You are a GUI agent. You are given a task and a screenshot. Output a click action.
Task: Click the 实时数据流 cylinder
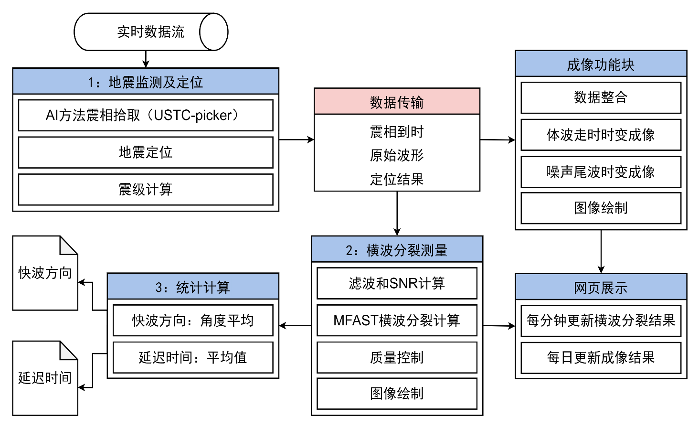150,32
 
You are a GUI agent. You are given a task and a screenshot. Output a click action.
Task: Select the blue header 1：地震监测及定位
146,81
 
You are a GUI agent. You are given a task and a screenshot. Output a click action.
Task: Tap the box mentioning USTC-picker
146,115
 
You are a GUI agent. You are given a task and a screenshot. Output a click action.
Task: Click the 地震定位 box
146,152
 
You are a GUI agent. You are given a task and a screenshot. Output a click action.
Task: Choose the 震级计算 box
146,190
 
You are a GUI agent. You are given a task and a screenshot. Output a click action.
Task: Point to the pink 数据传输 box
397,101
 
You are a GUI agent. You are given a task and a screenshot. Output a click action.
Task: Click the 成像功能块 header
601,64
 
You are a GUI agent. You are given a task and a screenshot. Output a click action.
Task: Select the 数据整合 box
601,98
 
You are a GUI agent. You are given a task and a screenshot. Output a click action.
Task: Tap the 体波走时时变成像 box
601,135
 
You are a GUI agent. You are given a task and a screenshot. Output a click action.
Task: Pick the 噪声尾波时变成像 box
601,172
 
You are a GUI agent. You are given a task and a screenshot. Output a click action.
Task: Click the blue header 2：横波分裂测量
397,249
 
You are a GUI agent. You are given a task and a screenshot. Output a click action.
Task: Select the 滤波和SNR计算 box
397,283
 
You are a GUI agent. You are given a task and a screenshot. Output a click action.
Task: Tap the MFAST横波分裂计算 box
397,321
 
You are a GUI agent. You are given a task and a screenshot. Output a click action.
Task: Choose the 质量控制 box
397,357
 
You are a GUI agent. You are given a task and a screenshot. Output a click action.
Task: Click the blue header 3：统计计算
193,287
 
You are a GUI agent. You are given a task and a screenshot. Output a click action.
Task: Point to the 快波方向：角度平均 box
193,321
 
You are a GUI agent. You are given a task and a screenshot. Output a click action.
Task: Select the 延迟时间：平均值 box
193,357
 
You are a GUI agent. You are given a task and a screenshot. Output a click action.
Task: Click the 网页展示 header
601,287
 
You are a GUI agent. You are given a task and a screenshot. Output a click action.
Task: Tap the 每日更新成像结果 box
601,357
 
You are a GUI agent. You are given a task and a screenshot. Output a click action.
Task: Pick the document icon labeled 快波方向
45,273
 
